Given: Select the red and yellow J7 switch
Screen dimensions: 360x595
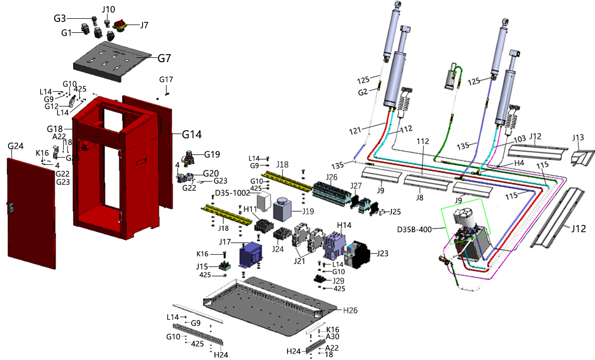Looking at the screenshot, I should pos(123,25).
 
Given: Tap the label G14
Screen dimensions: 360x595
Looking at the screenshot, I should pos(192,134).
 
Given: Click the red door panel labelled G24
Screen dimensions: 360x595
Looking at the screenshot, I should pos(30,209).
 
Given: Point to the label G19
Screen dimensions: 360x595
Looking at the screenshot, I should pos(212,154).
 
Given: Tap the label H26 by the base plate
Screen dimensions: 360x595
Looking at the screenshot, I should pos(351,310).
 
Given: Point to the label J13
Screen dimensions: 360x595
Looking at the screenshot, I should pos(578,138).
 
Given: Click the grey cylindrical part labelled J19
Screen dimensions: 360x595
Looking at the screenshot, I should pos(284,210).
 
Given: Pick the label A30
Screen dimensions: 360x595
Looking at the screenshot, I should pos(331,337).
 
